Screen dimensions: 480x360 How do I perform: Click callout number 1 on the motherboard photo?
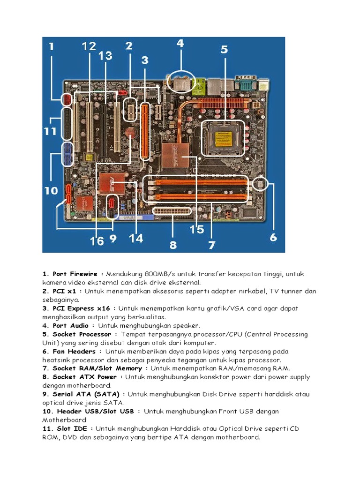pyautogui.click(x=51, y=47)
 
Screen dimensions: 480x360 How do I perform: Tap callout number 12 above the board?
pyautogui.click(x=89, y=46)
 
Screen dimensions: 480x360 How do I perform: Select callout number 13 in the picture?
pyautogui.click(x=105, y=56)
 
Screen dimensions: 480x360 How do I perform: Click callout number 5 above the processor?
pyautogui.click(x=224, y=49)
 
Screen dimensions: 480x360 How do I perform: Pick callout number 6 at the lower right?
pyautogui.click(x=273, y=238)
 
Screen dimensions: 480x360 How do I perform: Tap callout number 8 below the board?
pyautogui.click(x=173, y=245)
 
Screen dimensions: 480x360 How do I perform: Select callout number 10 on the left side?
pyautogui.click(x=51, y=191)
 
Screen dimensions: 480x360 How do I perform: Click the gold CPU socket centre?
pyautogui.click(x=223, y=137)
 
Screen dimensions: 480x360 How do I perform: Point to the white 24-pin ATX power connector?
pyautogui.click(x=172, y=211)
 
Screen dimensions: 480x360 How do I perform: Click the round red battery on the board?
pyautogui.click(x=130, y=134)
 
